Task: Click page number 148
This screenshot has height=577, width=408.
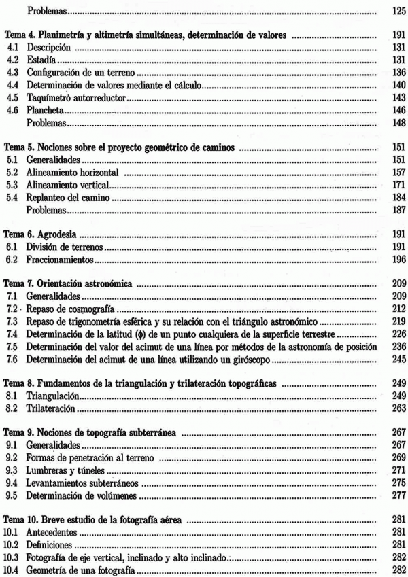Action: tap(398, 123)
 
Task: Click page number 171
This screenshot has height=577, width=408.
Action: tap(398, 184)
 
